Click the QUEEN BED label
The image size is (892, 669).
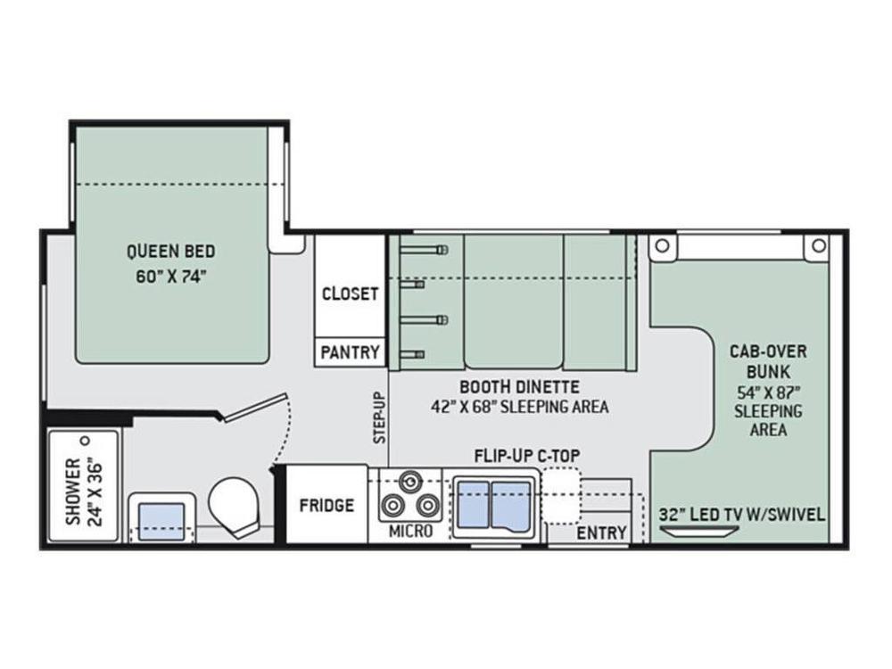170,251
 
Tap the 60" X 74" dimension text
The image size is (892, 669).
170,277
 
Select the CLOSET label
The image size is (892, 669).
350,293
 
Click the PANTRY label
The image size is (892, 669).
350,352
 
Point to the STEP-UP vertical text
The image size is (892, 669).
379,417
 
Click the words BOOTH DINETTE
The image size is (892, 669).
519,387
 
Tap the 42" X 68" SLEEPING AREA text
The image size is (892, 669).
519,407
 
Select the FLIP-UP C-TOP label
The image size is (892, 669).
527,456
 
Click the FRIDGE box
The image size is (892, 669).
326,505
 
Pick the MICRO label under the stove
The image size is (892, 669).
410,532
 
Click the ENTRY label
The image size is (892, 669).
601,533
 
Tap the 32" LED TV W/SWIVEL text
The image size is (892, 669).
742,515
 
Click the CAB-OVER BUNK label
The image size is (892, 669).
768,361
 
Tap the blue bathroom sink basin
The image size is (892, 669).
162,521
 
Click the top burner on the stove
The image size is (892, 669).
409,482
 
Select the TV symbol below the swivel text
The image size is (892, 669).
699,532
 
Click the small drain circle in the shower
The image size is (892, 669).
86,441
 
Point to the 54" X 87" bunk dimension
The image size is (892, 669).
768,392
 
